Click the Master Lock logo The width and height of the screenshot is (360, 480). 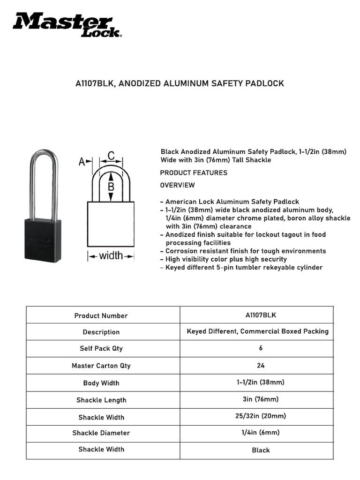coord(67,25)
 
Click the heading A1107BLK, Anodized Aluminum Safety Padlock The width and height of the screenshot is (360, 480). coord(180,83)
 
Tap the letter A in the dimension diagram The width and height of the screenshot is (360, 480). coord(82,162)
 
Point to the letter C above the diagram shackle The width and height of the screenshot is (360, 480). coord(111,155)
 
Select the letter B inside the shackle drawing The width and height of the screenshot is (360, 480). coord(111,186)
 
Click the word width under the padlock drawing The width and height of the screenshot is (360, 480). coord(111,255)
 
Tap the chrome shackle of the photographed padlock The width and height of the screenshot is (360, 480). coord(45,178)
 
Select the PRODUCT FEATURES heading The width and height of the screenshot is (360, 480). coord(194,172)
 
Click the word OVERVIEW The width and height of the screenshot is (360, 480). coord(177,185)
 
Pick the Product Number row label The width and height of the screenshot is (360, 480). coord(101,315)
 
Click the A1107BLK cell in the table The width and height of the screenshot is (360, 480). coord(261,315)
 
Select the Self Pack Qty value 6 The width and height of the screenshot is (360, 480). coord(261,348)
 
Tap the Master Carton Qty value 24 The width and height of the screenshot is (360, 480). coord(261,365)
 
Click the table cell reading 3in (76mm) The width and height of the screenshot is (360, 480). coord(261,399)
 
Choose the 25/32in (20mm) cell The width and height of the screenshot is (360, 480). coord(261,416)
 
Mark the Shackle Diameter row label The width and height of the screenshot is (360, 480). coord(101,433)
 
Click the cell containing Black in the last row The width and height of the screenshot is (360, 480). coord(261,450)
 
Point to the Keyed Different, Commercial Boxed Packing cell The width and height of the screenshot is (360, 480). coord(257,331)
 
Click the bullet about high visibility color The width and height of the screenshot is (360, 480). coord(226,259)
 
